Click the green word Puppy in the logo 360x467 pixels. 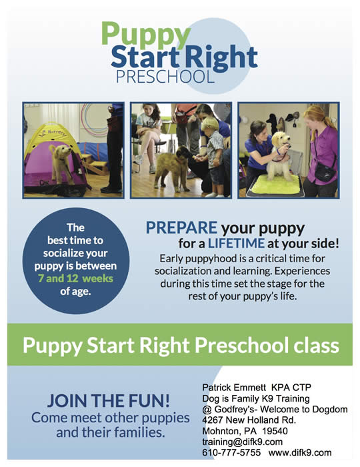click(x=146, y=36)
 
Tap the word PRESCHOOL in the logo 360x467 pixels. click(x=165, y=77)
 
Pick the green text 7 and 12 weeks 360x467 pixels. click(x=75, y=278)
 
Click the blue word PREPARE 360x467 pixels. click(x=181, y=228)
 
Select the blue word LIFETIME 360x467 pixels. click(x=236, y=244)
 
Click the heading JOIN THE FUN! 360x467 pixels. click(x=109, y=400)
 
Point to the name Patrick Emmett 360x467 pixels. click(x=234, y=388)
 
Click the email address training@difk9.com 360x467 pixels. click(x=242, y=442)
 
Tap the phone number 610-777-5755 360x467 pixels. click(x=231, y=453)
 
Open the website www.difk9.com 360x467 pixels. click(x=300, y=453)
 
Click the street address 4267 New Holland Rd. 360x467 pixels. click(x=249, y=420)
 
